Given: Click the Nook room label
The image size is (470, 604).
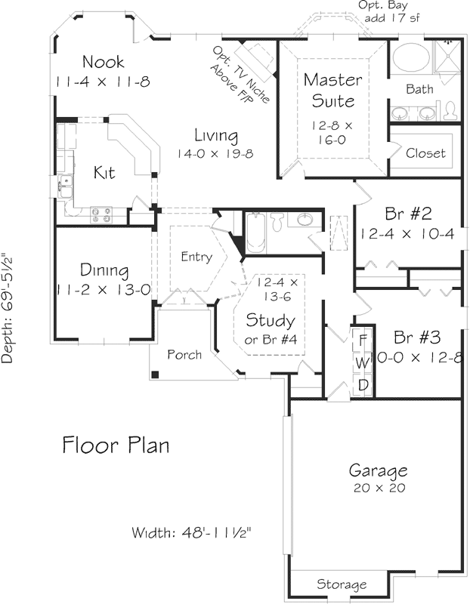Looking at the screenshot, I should [x=104, y=62].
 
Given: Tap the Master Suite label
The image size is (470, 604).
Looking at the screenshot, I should [x=332, y=89].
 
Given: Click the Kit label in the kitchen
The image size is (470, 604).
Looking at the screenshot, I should [x=104, y=173].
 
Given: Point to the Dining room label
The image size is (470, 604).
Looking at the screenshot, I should [x=104, y=270].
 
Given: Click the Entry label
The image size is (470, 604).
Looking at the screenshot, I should [x=196, y=257].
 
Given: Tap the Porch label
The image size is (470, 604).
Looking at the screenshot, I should [x=184, y=354].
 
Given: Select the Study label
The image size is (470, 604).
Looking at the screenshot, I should [x=271, y=320].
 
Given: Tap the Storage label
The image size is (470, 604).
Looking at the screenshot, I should [x=342, y=584].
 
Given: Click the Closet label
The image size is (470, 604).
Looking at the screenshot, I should [x=425, y=153].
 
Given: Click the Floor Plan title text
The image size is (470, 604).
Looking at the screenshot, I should [x=116, y=445].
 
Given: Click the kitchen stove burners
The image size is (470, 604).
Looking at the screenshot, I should [x=102, y=215].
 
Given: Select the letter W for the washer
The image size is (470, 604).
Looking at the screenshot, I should [x=363, y=362].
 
